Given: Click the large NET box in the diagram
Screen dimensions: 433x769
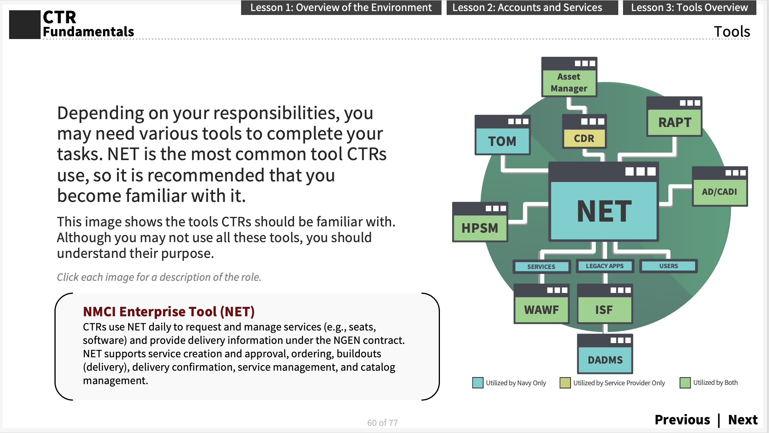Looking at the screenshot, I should (x=604, y=210).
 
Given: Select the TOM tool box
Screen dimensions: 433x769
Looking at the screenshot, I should (x=502, y=140).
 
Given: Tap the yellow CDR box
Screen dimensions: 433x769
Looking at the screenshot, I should (x=584, y=138).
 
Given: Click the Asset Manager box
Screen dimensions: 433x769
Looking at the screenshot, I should (x=569, y=82).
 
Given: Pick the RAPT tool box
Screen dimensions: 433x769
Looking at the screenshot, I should (x=674, y=122).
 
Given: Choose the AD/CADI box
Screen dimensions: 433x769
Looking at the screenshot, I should (x=719, y=191).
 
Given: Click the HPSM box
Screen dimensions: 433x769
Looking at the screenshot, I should (x=480, y=228).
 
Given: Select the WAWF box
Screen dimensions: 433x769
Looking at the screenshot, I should (x=541, y=310).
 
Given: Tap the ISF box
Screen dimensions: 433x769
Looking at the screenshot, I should (x=604, y=310).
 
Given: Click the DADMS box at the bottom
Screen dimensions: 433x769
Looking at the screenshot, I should (x=605, y=359).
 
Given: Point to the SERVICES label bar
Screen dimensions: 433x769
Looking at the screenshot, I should (x=541, y=267).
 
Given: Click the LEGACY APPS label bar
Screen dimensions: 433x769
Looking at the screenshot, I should (x=604, y=266).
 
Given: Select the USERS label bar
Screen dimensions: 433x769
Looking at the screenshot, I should (x=668, y=266).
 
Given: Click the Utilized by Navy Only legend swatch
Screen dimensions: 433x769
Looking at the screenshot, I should (x=477, y=383).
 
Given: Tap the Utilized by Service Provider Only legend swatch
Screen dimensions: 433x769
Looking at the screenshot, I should (x=565, y=383).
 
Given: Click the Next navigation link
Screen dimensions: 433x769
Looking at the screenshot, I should (x=743, y=420).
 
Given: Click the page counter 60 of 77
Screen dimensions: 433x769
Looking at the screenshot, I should (x=382, y=423).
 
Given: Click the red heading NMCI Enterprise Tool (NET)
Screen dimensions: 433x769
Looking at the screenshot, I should (x=168, y=312).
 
